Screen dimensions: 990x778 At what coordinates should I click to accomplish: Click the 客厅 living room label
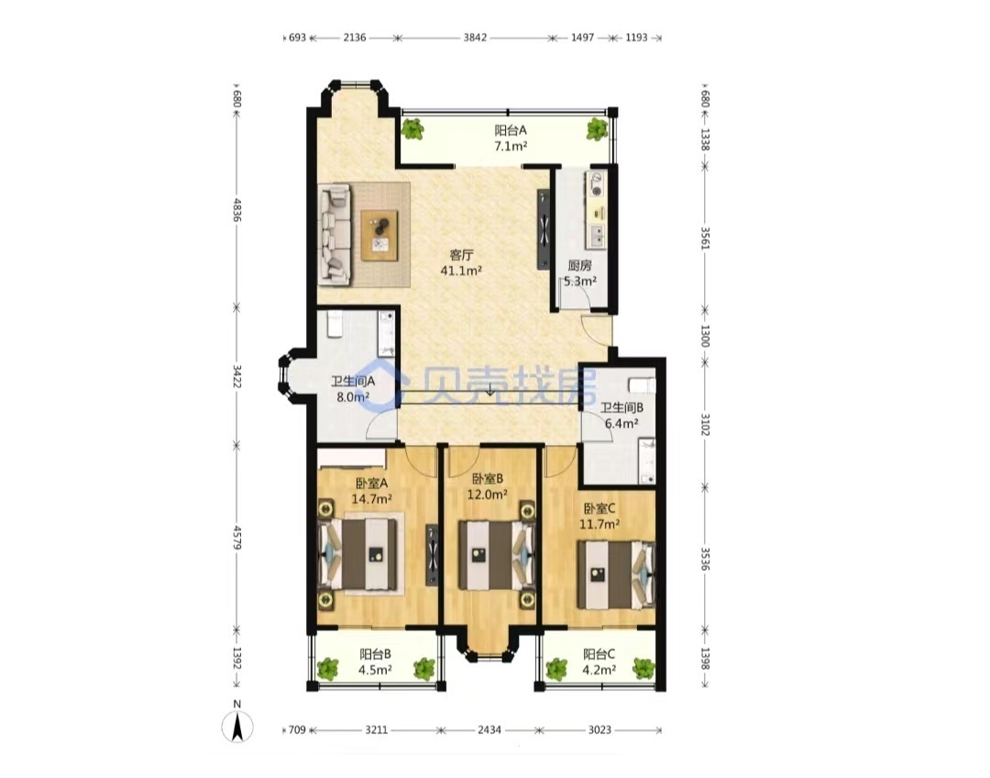tap(461, 255)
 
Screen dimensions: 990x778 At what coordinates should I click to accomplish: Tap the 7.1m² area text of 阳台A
tap(511, 146)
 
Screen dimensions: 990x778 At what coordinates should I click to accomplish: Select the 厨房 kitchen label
tap(579, 265)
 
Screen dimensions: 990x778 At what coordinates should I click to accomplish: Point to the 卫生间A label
tap(353, 382)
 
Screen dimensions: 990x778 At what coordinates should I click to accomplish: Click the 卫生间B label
tap(621, 408)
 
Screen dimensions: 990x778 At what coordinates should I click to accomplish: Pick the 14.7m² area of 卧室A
tap(372, 499)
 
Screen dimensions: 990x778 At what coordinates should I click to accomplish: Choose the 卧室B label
tap(488, 478)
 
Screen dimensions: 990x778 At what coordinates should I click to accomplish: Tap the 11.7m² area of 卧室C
tap(599, 524)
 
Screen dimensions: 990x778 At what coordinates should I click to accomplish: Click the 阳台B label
tap(376, 654)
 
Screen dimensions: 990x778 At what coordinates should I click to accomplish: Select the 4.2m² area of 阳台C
tap(599, 670)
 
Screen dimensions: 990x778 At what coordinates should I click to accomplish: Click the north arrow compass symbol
tap(237, 726)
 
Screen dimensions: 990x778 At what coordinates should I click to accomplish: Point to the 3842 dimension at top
tap(475, 38)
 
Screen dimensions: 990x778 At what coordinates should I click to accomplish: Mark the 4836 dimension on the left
tap(236, 210)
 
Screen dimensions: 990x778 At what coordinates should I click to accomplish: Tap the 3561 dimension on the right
tap(705, 239)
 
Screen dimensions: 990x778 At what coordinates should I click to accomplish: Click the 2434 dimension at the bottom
tap(489, 730)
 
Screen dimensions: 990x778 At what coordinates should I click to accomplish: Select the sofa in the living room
tap(335, 234)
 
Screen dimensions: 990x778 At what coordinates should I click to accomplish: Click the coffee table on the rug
tap(379, 235)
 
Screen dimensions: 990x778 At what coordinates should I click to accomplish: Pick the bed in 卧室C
tap(616, 575)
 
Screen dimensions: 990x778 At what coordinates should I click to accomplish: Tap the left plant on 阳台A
tap(412, 129)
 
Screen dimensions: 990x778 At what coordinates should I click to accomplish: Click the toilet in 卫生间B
tap(642, 385)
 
